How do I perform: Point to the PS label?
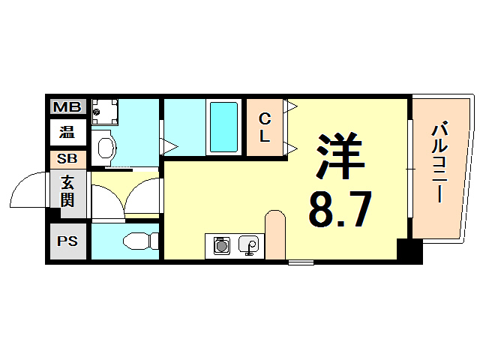pos(68,241)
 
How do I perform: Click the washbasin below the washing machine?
pos(104,145)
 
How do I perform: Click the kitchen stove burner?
pos(221,245)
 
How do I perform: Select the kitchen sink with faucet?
pos(249,245)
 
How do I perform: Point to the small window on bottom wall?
pos(301,262)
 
